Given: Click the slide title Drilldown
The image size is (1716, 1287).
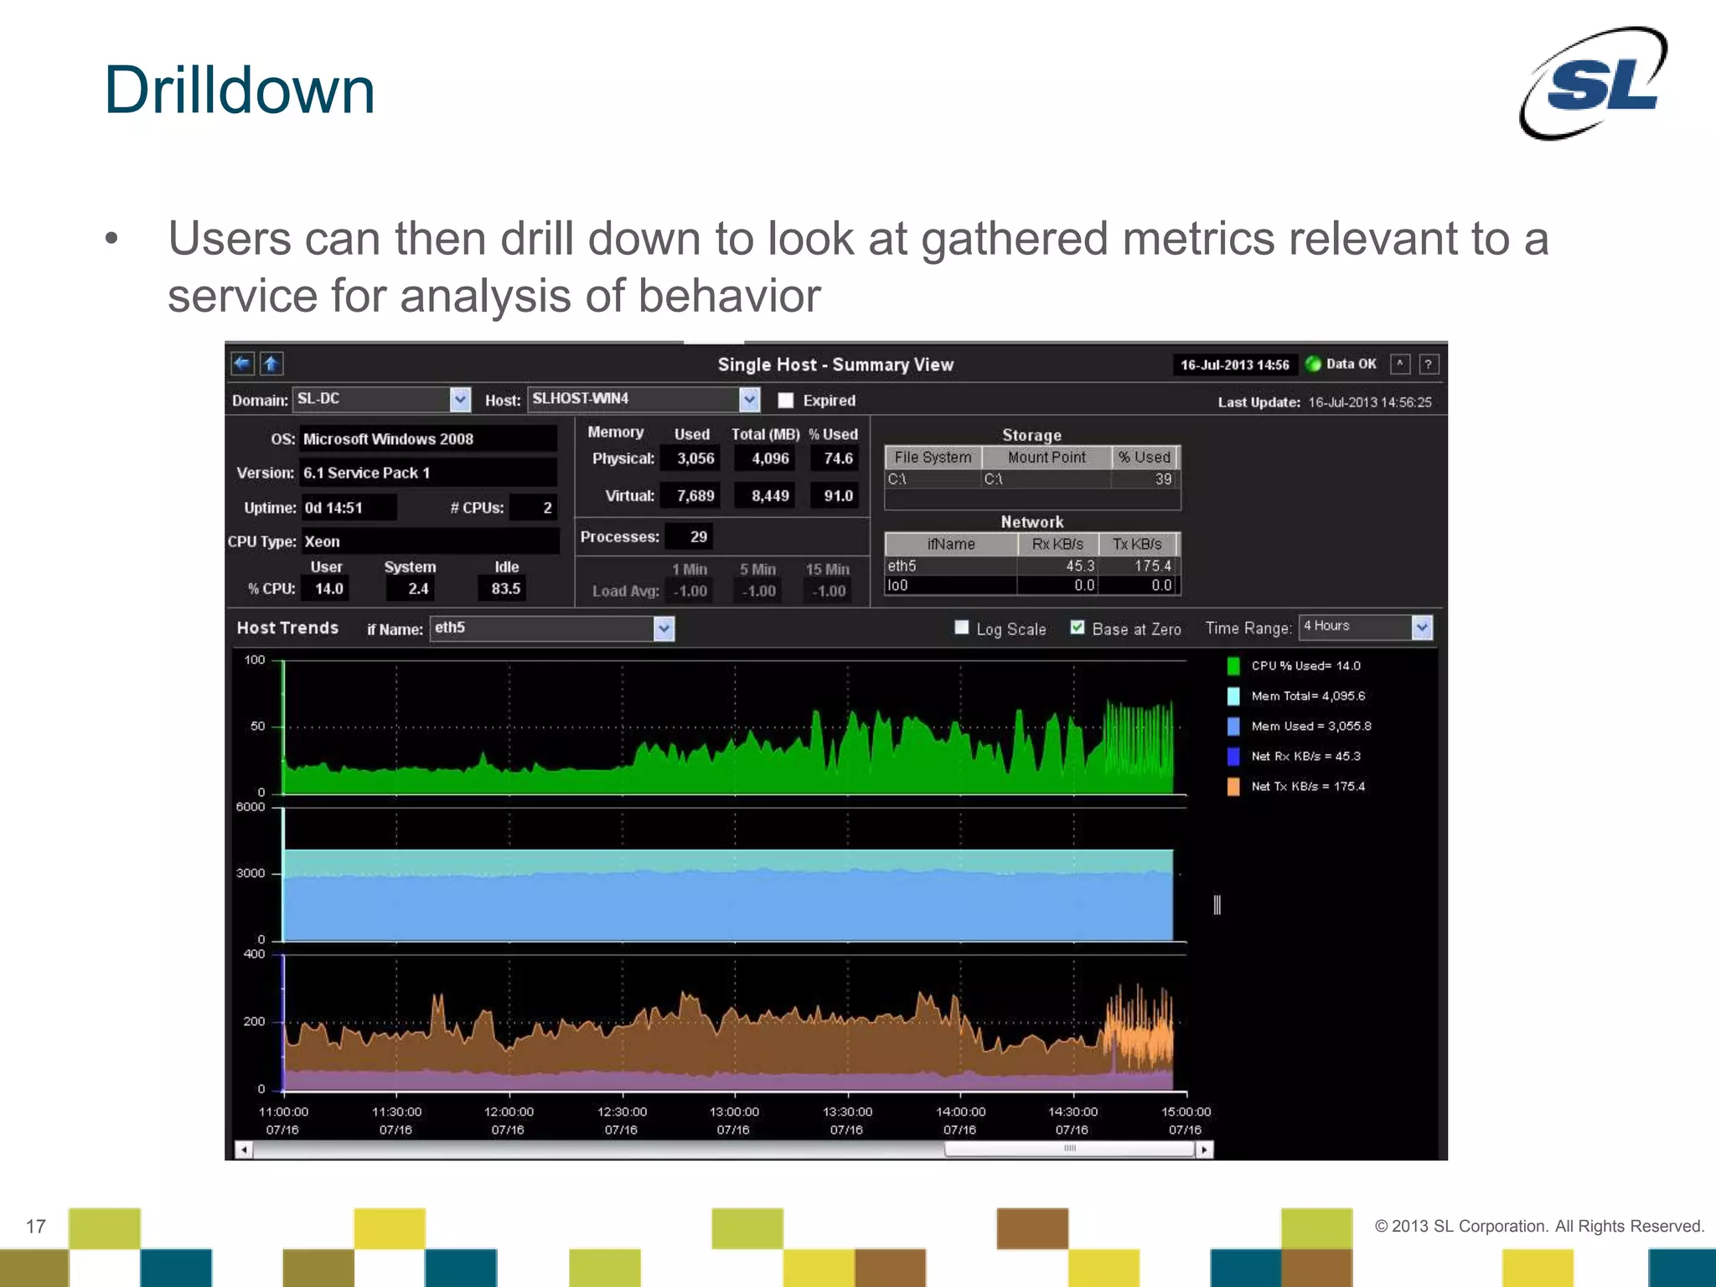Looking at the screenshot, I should [x=240, y=90].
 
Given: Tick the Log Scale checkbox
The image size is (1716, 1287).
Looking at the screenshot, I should [x=962, y=628].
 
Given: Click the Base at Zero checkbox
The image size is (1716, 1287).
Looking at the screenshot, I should [x=1078, y=628].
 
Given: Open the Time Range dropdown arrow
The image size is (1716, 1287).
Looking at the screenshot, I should [x=1422, y=628].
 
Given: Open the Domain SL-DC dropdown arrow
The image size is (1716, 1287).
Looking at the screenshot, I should [x=460, y=400].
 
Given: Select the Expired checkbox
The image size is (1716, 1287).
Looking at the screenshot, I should [x=786, y=401].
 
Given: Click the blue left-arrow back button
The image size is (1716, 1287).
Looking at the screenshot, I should [x=242, y=364].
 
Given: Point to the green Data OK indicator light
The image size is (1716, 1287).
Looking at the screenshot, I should [x=1313, y=364].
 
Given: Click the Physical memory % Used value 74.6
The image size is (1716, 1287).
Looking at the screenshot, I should [x=837, y=458].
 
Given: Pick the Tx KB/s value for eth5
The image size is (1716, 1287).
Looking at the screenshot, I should [x=1152, y=566].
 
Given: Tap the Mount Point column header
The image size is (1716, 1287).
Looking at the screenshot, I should [x=1047, y=457].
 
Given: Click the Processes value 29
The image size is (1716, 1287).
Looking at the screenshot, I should [x=698, y=536].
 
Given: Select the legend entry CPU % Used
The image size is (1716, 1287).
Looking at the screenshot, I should [x=1305, y=666].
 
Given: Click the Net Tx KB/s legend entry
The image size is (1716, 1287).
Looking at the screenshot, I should [x=1307, y=787].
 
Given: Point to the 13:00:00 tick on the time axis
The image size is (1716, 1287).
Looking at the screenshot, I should [x=735, y=1112].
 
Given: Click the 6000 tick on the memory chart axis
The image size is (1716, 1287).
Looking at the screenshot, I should [x=250, y=807].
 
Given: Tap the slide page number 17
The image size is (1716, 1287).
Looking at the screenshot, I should [x=36, y=1227].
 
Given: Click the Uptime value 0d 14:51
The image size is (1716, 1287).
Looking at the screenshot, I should [x=333, y=508].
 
